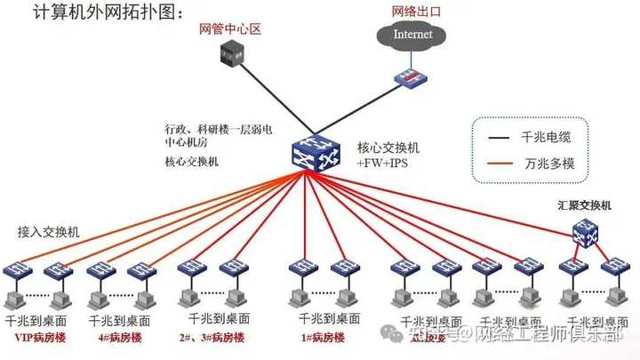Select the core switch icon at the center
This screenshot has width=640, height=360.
(310, 153)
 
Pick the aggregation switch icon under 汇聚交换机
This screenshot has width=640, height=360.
(584, 232)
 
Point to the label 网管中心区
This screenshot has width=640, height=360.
(229, 29)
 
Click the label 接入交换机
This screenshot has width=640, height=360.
(48, 232)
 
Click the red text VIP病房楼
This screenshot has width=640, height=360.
(40, 338)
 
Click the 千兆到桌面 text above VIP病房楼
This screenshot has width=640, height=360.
(36, 320)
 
